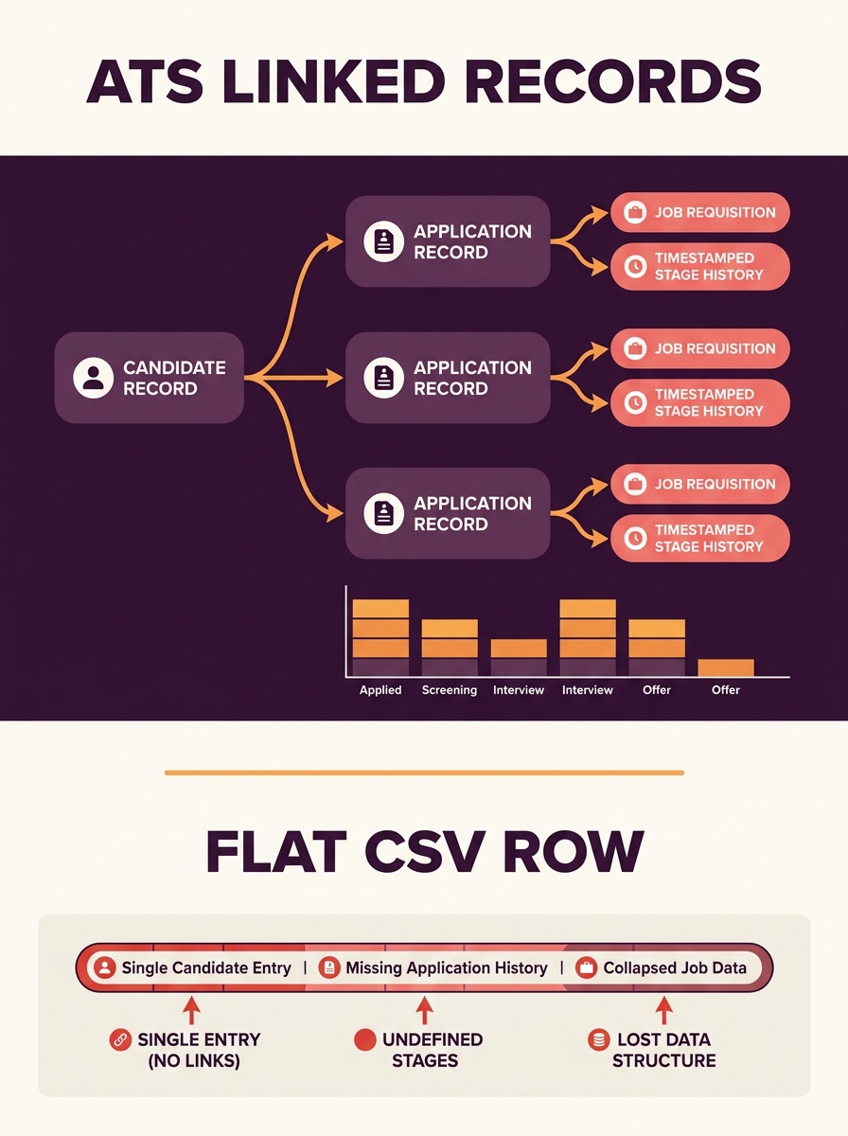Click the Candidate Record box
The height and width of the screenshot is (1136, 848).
click(149, 378)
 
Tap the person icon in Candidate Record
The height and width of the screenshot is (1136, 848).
click(93, 378)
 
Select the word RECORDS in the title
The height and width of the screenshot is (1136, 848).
click(612, 82)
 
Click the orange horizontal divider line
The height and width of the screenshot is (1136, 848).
click(424, 772)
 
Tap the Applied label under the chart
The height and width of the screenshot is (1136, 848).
click(380, 690)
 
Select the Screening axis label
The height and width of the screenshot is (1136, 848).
click(450, 690)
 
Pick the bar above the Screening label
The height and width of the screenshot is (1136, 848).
click(450, 648)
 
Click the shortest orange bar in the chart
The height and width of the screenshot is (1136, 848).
click(725, 667)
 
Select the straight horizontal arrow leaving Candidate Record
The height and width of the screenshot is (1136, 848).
click(293, 378)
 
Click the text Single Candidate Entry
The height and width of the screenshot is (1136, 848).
click(206, 967)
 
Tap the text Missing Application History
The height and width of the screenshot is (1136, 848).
click(447, 967)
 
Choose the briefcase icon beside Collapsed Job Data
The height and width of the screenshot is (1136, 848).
click(586, 967)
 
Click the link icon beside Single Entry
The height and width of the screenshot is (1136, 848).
click(120, 1039)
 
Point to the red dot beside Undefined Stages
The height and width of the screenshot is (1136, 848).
click(364, 1039)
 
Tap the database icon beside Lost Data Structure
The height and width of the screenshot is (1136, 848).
click(599, 1039)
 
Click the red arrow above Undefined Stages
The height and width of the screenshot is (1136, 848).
click(424, 1010)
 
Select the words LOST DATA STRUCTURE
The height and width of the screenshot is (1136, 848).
click(663, 1050)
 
